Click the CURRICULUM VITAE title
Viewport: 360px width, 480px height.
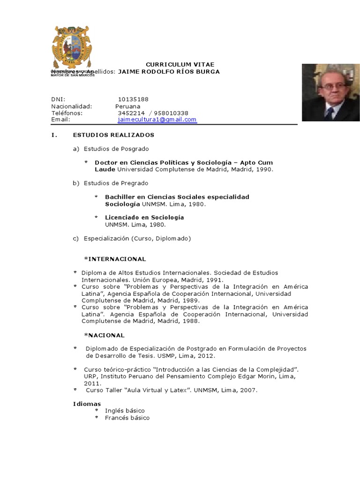pyautogui.click(x=173, y=64)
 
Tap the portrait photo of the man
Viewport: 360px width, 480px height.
pyautogui.click(x=330, y=92)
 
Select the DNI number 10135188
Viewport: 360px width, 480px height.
pyautogui.click(x=133, y=99)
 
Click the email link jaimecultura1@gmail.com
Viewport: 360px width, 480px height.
pyautogui.click(x=157, y=120)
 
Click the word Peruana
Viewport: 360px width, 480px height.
pyautogui.click(x=127, y=106)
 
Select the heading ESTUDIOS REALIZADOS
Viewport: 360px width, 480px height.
pyautogui.click(x=113, y=135)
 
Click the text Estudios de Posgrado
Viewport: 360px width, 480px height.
pyautogui.click(x=116, y=149)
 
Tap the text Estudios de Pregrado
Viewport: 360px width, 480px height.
pyautogui.click(x=116, y=183)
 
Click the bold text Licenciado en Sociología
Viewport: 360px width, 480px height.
pyautogui.click(x=144, y=217)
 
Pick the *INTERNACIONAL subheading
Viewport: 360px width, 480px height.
pyautogui.click(x=115, y=259)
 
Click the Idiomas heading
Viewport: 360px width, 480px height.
pyautogui.click(x=87, y=404)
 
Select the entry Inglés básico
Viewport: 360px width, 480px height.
pyautogui.click(x=125, y=411)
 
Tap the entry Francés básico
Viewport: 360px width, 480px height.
pyautogui.click(x=127, y=418)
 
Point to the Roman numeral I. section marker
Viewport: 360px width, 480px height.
pyautogui.click(x=54, y=135)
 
